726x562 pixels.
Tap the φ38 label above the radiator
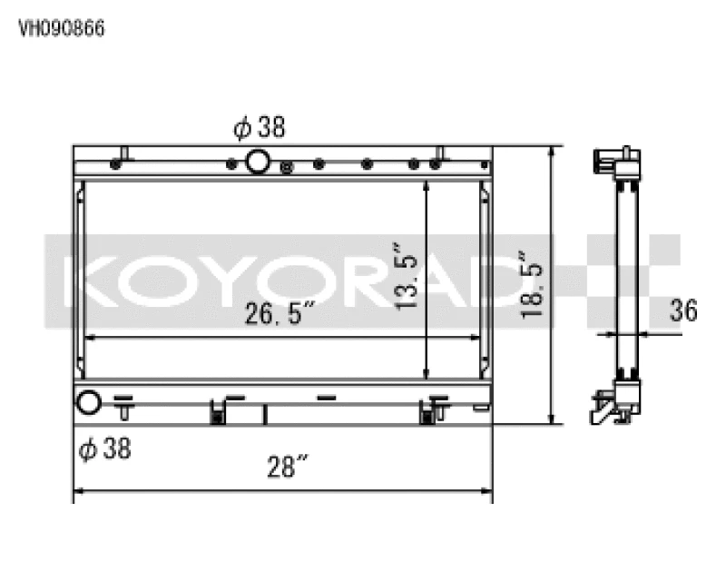tap(260, 128)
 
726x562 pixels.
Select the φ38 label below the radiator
tap(104, 448)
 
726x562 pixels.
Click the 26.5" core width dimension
tap(279, 314)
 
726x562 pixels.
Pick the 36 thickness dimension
tap(682, 311)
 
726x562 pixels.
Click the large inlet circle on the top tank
tap(258, 163)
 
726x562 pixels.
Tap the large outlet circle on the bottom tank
tap(89, 401)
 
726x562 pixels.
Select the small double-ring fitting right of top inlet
tap(288, 166)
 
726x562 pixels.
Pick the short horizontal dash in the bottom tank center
tap(327, 397)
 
